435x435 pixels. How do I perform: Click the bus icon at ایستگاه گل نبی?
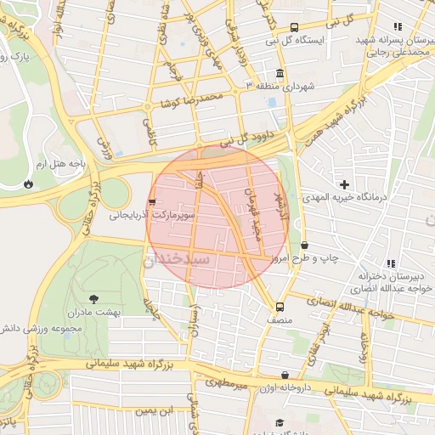[x=294, y=27]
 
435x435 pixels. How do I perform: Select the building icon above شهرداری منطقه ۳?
[x=280, y=73]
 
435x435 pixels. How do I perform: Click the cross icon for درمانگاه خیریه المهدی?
[x=344, y=184]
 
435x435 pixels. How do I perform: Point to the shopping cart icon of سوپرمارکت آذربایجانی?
[x=152, y=202]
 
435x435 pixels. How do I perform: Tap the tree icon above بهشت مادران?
[x=93, y=298]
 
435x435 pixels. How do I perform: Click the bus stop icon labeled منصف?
[x=280, y=307]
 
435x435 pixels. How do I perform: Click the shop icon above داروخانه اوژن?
[x=285, y=375]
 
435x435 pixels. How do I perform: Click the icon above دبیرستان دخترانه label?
[x=391, y=263]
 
